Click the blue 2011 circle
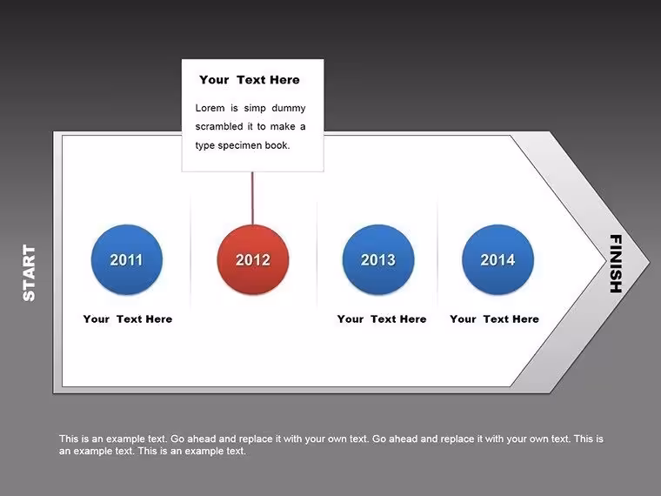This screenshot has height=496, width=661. (127, 259)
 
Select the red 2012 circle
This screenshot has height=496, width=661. (253, 259)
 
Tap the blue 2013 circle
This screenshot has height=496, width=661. (378, 259)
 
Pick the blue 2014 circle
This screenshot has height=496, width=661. (497, 259)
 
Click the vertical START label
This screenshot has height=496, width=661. (29, 272)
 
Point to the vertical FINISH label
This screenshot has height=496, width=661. (616, 264)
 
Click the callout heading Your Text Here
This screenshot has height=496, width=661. (250, 80)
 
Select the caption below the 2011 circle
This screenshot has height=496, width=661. (128, 318)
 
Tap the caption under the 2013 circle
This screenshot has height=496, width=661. (382, 318)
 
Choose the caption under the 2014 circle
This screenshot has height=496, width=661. (495, 318)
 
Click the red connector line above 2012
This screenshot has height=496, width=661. (252, 198)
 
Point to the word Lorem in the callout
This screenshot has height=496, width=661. (210, 108)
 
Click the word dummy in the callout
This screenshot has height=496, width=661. (289, 108)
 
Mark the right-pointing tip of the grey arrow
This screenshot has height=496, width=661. (650, 262)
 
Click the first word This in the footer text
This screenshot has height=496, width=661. (69, 439)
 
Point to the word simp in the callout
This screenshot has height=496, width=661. (255, 109)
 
